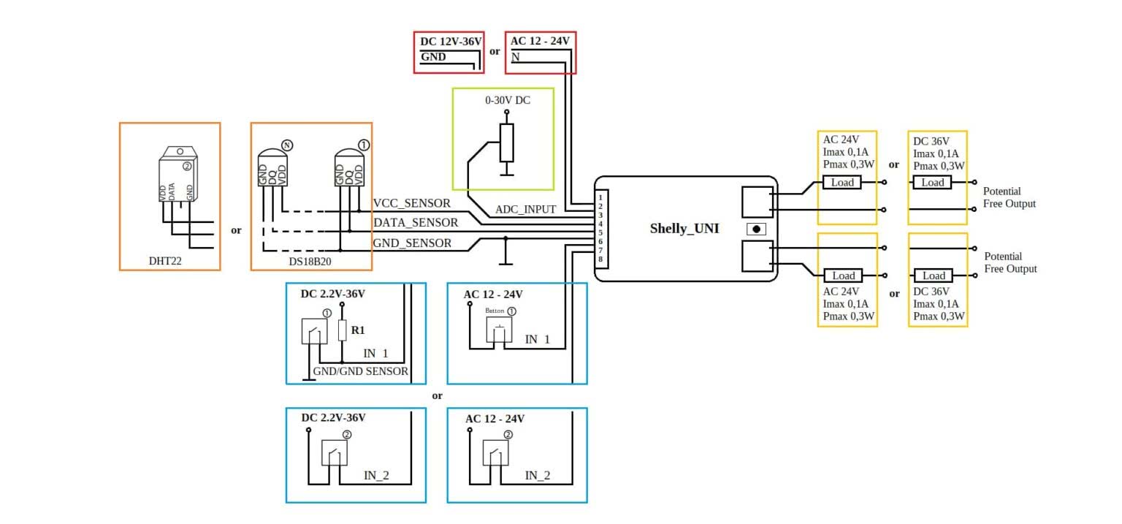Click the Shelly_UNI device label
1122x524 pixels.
point(684,229)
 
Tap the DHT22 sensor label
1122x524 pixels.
point(165,260)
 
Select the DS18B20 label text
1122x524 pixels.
point(309,260)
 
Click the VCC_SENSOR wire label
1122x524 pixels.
point(411,203)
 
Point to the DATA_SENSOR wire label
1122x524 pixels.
point(415,223)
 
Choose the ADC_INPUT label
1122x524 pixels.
point(525,209)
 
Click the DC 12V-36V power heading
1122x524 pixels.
point(451,42)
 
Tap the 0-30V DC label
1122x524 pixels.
point(508,100)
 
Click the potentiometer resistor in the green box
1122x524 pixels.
point(506,143)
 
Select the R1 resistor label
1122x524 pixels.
point(358,330)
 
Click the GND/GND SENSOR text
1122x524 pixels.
point(360,371)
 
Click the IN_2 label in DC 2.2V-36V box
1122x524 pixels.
point(376,476)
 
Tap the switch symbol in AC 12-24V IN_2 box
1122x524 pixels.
point(495,453)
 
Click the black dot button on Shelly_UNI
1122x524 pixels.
point(756,229)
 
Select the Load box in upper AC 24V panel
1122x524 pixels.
point(842,183)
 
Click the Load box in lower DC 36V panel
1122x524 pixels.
point(934,276)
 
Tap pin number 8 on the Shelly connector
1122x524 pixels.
point(600,259)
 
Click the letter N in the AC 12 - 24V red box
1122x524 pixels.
point(516,56)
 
